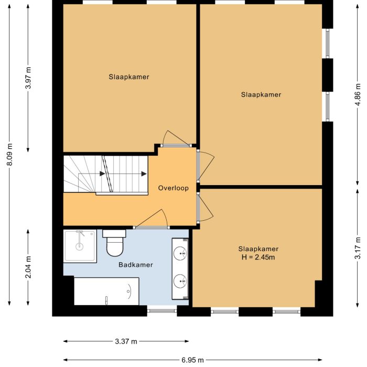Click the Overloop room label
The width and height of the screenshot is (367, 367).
click(x=174, y=188)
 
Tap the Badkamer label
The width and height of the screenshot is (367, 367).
click(x=136, y=265)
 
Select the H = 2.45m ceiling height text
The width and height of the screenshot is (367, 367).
click(x=258, y=257)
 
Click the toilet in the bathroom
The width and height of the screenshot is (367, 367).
click(x=114, y=243)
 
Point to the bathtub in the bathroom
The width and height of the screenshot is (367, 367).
click(x=106, y=292)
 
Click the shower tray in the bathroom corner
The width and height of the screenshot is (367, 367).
click(x=80, y=245)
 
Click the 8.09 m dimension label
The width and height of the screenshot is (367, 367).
click(x=10, y=155)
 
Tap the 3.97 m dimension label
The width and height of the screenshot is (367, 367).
click(x=28, y=79)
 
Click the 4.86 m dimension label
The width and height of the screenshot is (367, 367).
click(x=358, y=94)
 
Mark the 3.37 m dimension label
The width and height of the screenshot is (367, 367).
click(x=126, y=341)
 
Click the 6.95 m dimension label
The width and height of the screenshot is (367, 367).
click(x=192, y=360)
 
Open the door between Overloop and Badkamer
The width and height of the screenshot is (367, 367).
click(x=150, y=226)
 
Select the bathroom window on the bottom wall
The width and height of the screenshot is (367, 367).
click(x=162, y=311)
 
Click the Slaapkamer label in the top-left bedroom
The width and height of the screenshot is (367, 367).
click(x=129, y=77)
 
